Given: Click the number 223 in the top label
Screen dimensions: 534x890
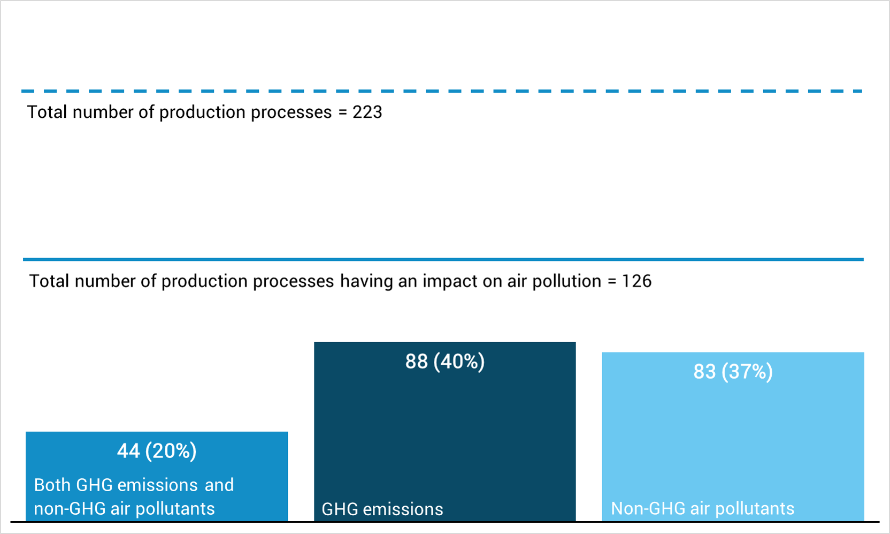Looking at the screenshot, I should coord(367,112).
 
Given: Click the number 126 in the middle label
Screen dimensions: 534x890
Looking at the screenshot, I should coord(636,281).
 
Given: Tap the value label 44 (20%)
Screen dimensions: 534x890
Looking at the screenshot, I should coord(157,451).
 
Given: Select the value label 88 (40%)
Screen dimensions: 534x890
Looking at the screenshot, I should coord(445,362).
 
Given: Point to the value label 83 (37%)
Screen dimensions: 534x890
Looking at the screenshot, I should coord(733,372).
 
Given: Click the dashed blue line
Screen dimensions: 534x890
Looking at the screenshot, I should coord(442,91).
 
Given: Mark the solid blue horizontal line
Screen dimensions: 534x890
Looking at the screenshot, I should coord(443,260).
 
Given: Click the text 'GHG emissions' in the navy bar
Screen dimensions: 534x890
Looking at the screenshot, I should coord(382,509).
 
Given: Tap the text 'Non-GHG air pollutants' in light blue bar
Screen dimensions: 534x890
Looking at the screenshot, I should coord(702,508).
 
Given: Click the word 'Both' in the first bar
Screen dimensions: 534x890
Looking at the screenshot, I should coord(52,485).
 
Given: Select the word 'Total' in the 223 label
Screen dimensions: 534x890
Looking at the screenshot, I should coord(47,112).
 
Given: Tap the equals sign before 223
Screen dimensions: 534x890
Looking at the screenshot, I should coord(343,112).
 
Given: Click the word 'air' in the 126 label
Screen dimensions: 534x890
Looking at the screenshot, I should coord(517,281).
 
